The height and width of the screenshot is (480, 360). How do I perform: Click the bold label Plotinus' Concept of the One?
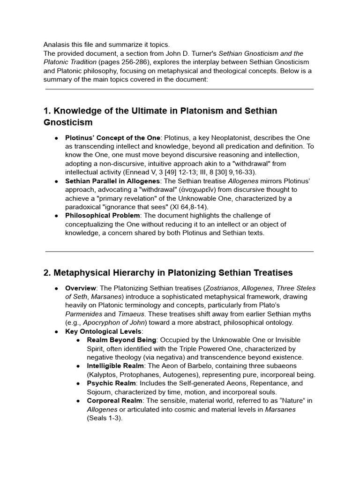coord(112,138)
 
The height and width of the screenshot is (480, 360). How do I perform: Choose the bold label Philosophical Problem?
coord(102,216)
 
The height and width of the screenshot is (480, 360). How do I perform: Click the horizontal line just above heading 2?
coord(180,252)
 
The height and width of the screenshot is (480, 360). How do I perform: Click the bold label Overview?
coord(82,288)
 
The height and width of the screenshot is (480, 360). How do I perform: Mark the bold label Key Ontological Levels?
coord(104,331)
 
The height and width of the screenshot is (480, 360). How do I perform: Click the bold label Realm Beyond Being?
coord(121,340)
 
